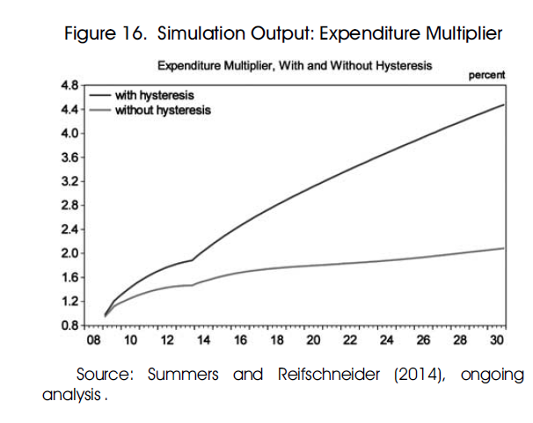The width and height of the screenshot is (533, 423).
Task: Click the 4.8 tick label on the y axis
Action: pos(68,84)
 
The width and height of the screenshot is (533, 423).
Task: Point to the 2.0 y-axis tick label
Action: pos(68,253)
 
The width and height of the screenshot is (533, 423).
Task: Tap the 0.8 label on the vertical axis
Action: pos(68,325)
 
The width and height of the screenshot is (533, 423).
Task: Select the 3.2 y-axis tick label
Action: pos(68,181)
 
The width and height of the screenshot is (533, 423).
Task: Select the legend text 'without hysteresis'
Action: pos(163,110)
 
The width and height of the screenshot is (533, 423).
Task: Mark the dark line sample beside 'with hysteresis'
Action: pos(99,92)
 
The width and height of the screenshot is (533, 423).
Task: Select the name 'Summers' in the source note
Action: pos(183,375)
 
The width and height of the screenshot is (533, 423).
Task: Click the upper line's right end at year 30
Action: pos(504,105)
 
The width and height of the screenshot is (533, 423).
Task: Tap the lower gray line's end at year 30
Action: pos(504,248)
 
